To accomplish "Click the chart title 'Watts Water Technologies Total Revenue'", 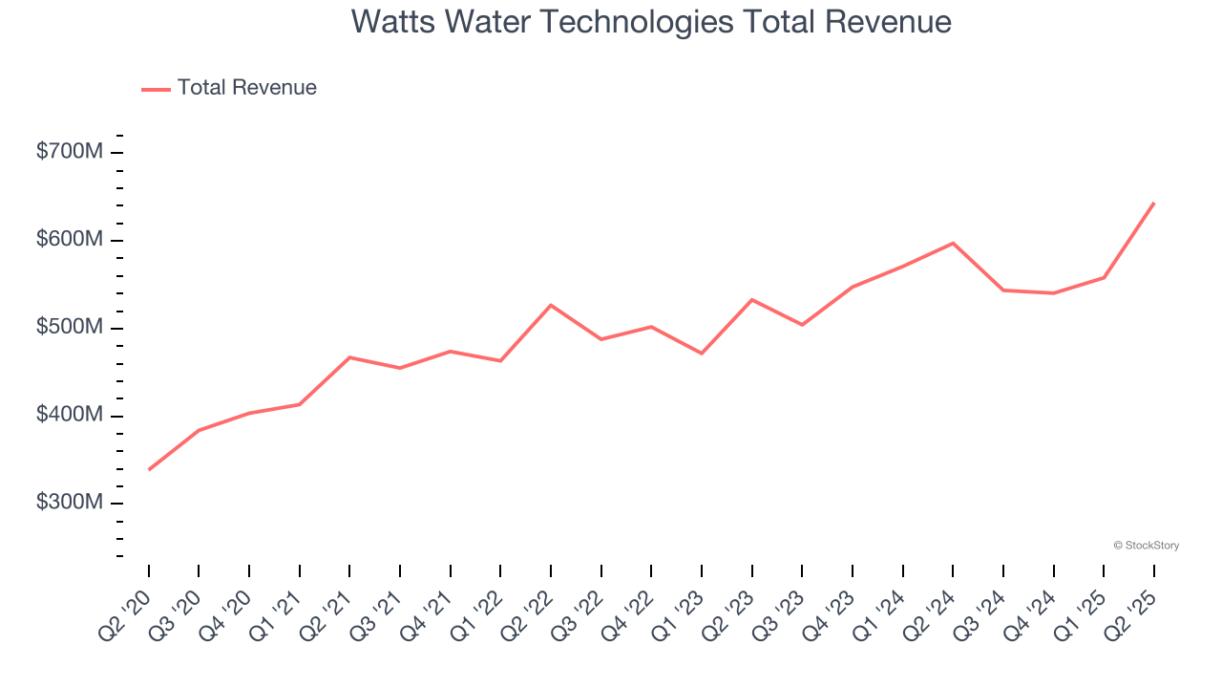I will tap(651, 21).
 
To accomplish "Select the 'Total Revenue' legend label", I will tap(246, 88).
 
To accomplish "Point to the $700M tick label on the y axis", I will tap(69, 151).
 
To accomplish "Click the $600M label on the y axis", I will tap(69, 239).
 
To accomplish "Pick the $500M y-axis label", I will tap(69, 327).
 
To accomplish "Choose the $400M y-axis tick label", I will tap(69, 415).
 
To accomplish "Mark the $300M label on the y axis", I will tap(69, 503).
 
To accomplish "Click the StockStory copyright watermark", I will tap(1146, 546).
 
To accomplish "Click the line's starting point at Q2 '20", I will tap(149, 469).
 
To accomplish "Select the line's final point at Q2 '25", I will tap(1154, 203).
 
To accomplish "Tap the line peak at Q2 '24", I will tap(953, 243).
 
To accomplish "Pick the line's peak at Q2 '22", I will tap(551, 305).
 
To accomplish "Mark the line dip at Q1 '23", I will tap(702, 354).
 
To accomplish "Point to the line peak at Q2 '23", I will tap(752, 300).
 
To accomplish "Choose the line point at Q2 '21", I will tap(349, 357).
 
